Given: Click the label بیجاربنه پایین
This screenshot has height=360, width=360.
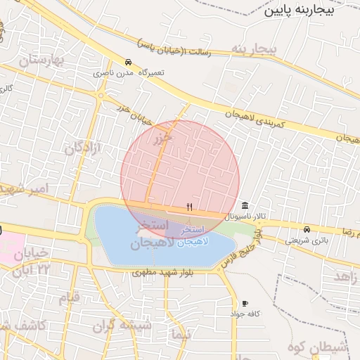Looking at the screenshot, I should coord(309,11).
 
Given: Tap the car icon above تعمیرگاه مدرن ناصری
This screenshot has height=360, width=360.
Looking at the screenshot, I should coord(128,61).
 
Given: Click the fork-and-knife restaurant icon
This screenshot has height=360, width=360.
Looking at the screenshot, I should coord(189,207).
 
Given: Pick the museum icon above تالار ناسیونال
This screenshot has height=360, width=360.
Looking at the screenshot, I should coord(244,205).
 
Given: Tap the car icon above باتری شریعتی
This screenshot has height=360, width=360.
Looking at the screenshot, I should coord(307,229).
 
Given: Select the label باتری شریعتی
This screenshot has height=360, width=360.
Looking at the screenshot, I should coord(307,240).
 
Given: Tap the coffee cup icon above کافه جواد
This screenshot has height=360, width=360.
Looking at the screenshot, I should coord(245,303).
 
